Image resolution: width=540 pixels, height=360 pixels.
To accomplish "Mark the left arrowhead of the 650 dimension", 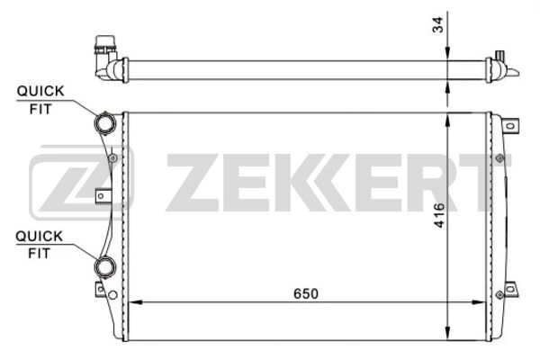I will click(135, 301).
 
